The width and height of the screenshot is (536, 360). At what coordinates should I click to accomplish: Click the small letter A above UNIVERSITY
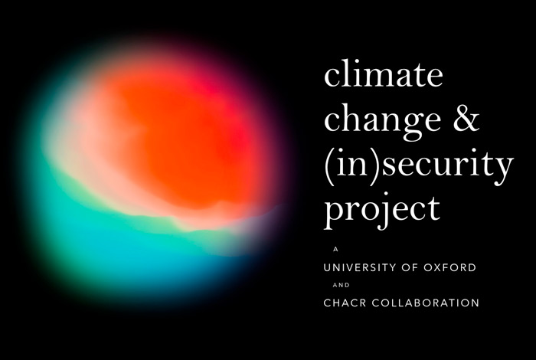pyautogui.click(x=335, y=249)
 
